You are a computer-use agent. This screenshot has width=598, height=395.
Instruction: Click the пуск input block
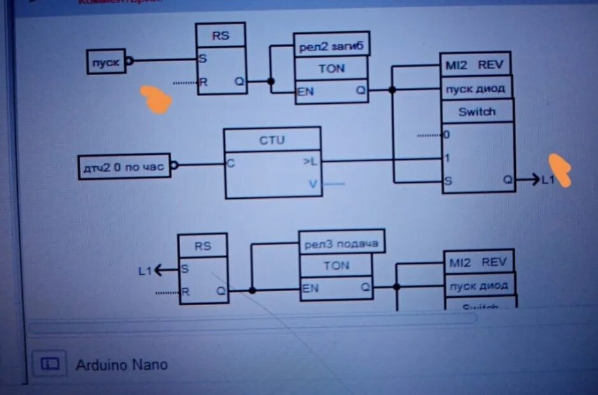coord(106,61)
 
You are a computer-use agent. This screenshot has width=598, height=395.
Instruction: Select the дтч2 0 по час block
coord(124,167)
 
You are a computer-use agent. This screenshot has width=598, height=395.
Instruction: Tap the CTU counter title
coord(272,140)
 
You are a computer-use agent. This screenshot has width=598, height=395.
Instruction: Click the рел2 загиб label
coord(331,45)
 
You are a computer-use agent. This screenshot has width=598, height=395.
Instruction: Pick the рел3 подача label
coord(341,242)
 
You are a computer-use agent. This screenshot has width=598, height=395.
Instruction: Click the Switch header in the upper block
coord(477,111)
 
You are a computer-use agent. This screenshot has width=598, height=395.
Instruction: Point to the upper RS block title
coord(220,36)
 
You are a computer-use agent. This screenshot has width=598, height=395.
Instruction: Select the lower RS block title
coord(203,245)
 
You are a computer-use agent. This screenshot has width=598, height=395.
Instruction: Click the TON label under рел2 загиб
coord(331,68)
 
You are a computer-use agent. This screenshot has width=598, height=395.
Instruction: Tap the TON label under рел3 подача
coord(336,266)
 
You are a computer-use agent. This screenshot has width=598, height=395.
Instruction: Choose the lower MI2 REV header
coord(478,262)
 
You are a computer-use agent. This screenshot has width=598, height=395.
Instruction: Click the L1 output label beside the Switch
coord(548,180)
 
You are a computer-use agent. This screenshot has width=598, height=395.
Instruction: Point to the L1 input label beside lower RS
coord(145,270)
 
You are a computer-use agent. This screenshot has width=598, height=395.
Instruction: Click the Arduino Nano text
coord(122,365)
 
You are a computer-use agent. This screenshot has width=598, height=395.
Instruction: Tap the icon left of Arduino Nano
coord(50,363)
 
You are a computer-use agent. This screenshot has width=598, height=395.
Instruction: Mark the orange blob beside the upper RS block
coord(156,99)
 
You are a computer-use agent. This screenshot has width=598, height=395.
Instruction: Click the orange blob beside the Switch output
coord(560,169)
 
